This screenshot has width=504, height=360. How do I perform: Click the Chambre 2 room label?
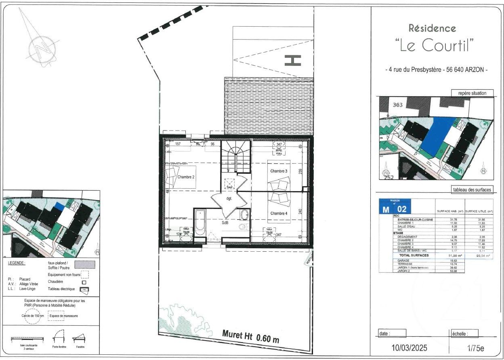click(x=186, y=177)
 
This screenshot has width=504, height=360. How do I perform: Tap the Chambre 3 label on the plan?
click(x=279, y=171)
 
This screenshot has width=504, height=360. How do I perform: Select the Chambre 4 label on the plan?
click(x=279, y=213)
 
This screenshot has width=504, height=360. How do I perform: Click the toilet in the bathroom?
click(x=242, y=227)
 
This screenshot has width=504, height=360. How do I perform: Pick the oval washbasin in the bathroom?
click(x=244, y=214)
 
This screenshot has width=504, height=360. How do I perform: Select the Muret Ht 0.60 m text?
click(x=251, y=336)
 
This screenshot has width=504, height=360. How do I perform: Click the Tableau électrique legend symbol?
click(x=84, y=289)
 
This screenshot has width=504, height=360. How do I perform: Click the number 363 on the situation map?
click(x=398, y=105)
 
